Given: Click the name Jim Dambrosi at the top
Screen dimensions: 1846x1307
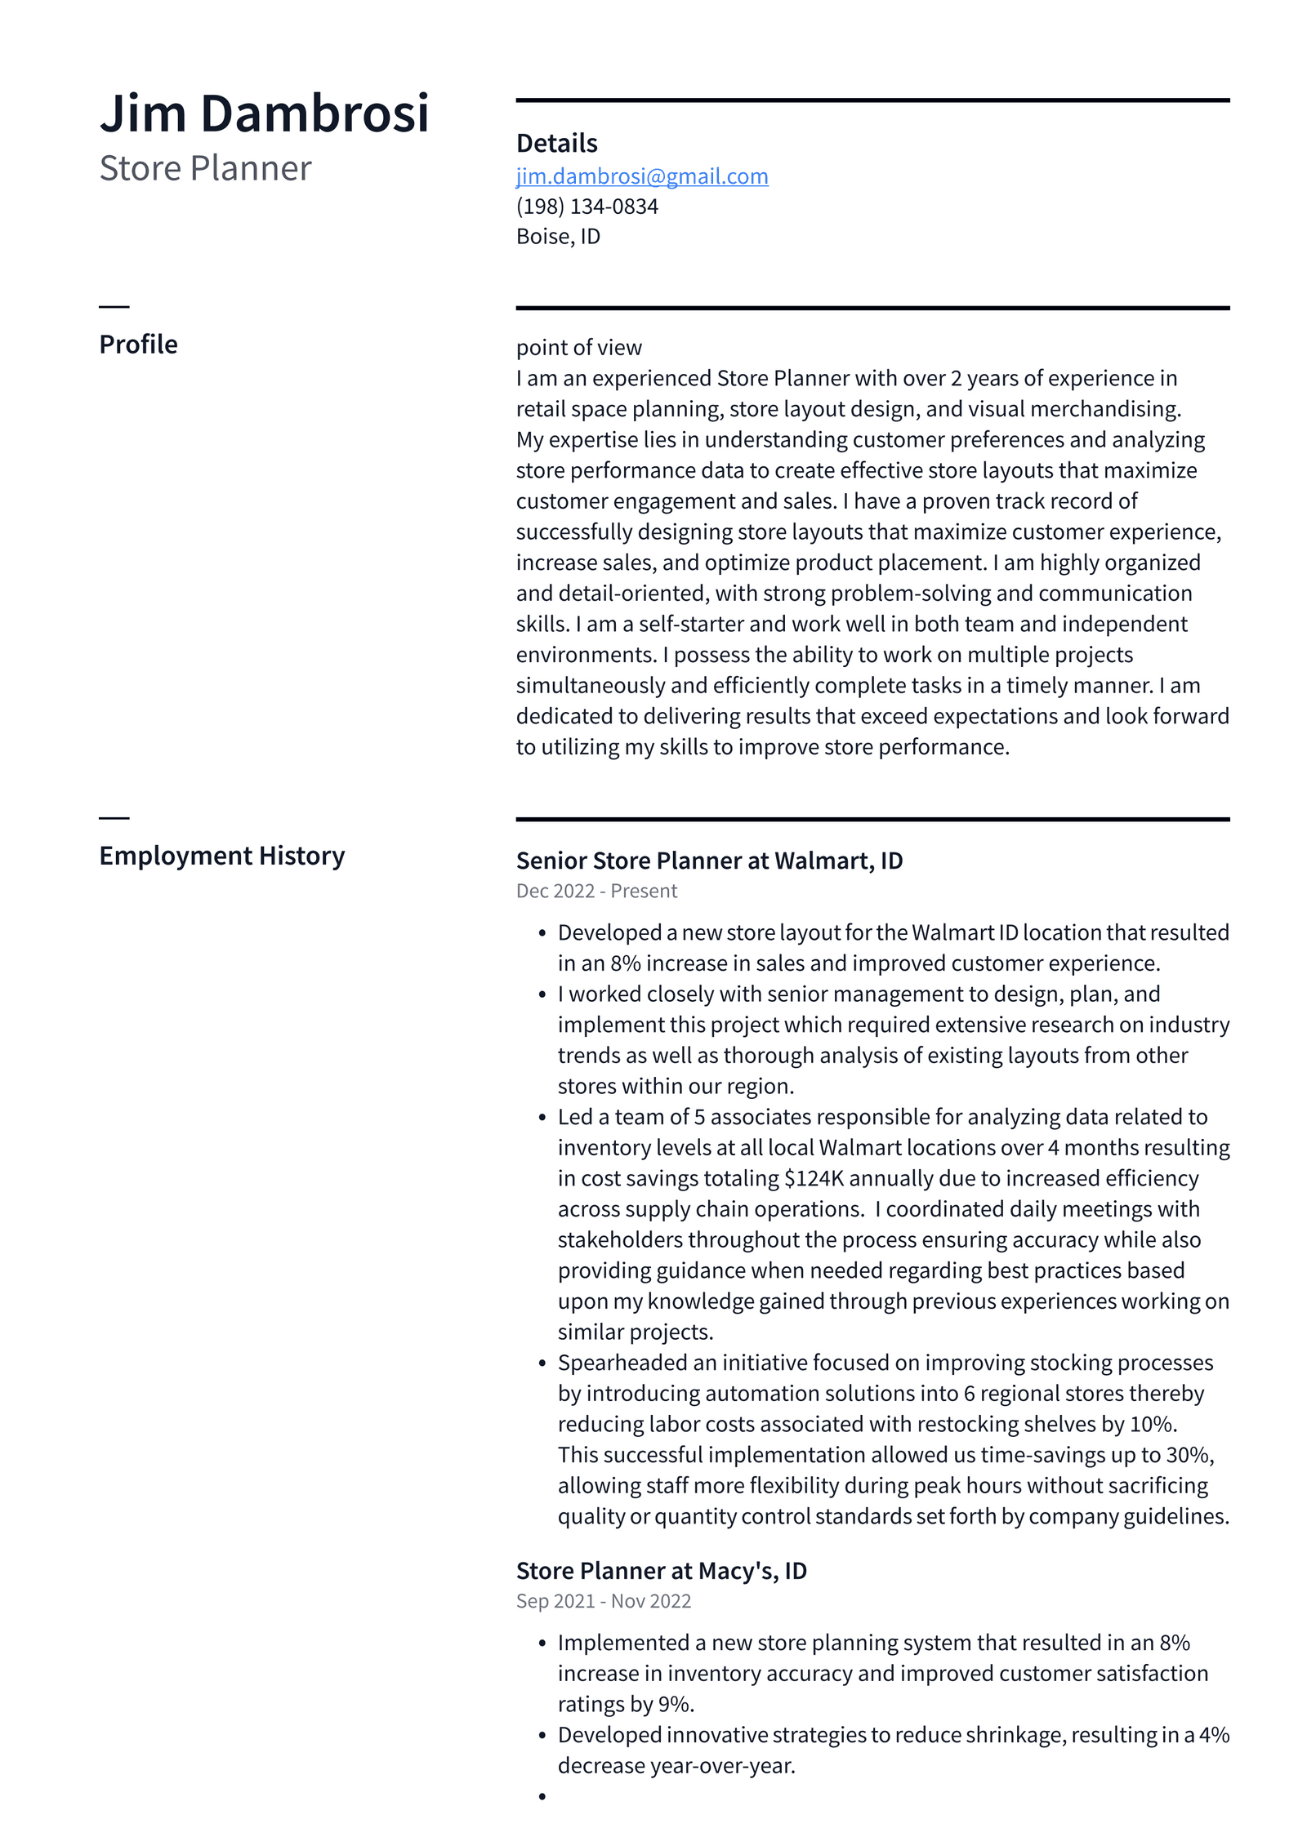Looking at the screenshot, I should tap(264, 113).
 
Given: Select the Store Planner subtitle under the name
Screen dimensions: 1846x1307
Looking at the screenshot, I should tap(205, 168).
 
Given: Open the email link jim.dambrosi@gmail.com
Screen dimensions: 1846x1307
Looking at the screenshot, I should tap(641, 176).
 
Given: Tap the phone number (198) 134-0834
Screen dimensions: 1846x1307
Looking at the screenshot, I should tap(587, 207).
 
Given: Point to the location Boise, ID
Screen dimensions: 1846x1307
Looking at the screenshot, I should tap(558, 237).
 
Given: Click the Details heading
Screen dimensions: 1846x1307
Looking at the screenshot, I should tap(556, 143).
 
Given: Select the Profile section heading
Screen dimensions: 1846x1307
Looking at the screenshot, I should tap(138, 345).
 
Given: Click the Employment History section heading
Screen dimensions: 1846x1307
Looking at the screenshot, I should tap(221, 856).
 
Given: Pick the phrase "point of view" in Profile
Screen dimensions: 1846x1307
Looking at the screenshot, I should tap(578, 348).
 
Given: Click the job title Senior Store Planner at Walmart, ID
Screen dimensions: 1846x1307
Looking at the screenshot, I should tap(709, 861).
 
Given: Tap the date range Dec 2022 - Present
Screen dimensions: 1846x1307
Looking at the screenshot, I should tap(596, 891).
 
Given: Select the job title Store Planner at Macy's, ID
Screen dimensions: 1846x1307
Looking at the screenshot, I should tap(661, 1571).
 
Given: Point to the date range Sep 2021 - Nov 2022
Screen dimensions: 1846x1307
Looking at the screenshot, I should tap(603, 1601).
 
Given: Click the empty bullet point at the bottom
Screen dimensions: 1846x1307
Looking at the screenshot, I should tap(542, 1796).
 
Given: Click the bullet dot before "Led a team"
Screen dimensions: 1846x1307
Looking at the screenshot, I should tap(542, 1118).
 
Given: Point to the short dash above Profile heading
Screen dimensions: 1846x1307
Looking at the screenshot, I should tap(114, 307).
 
